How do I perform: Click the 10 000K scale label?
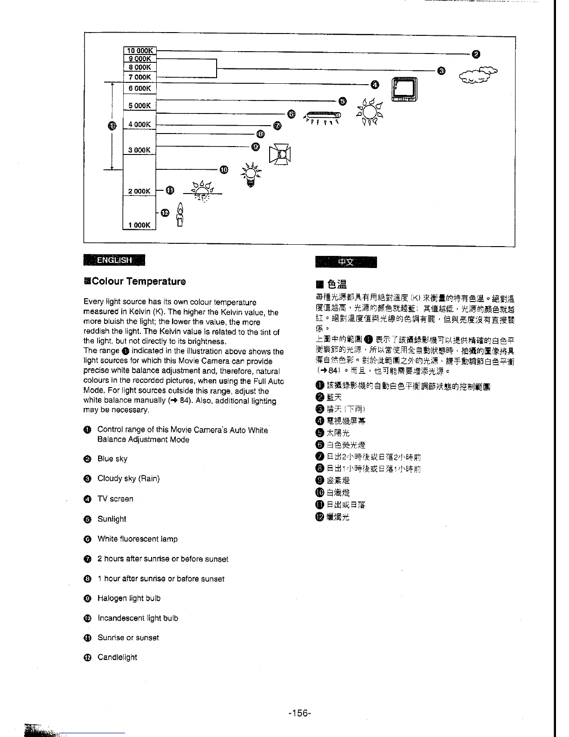coord(139,51)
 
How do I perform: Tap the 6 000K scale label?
coord(139,88)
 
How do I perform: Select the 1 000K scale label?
coord(139,225)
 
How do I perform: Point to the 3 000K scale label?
coord(139,150)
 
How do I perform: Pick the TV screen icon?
coord(405,89)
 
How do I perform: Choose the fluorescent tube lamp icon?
coord(322,116)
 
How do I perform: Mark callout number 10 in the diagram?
coord(224,169)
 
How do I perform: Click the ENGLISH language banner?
coord(114,260)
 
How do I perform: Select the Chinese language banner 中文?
coord(346,262)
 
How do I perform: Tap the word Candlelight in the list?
coord(117,657)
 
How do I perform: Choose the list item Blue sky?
coord(112,459)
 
